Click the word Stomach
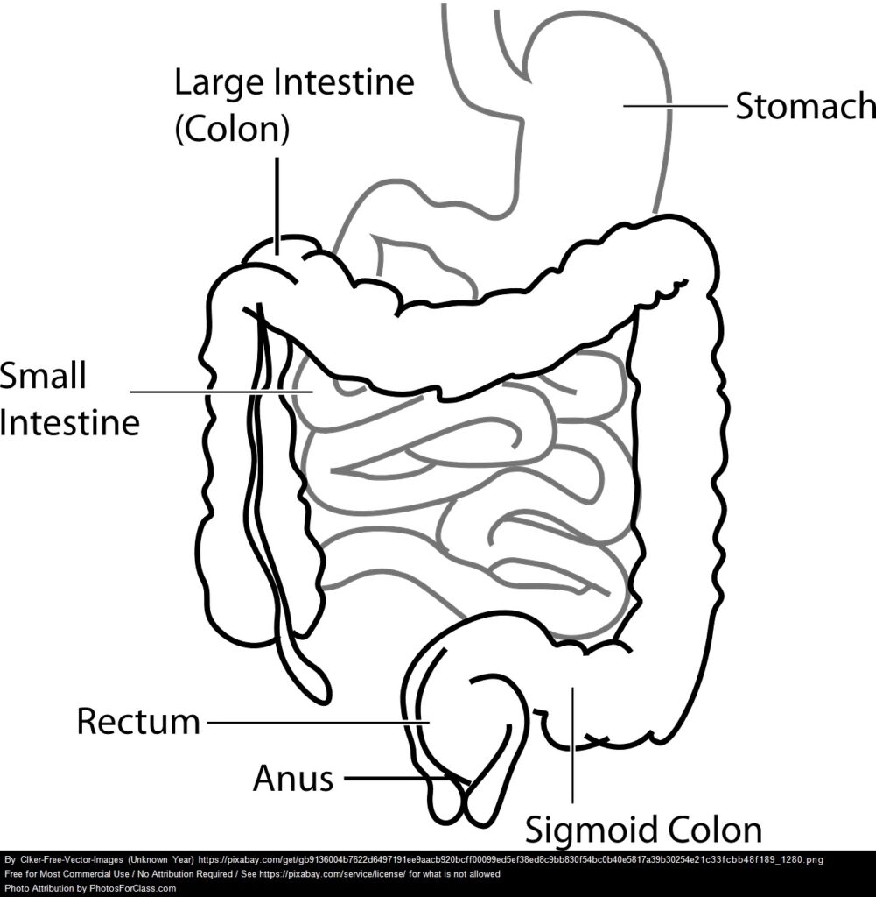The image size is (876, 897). (804, 106)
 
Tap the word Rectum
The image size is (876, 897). (138, 722)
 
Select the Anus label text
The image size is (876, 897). (293, 778)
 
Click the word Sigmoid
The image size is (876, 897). (591, 830)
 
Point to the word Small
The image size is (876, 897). (43, 377)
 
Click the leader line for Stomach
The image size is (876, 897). (676, 107)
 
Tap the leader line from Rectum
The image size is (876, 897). (315, 722)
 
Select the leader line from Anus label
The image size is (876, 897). (398, 778)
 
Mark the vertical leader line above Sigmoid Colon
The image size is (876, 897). (572, 745)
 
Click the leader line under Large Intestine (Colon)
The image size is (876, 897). (277, 201)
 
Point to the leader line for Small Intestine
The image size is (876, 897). (219, 392)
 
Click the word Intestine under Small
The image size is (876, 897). (69, 423)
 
